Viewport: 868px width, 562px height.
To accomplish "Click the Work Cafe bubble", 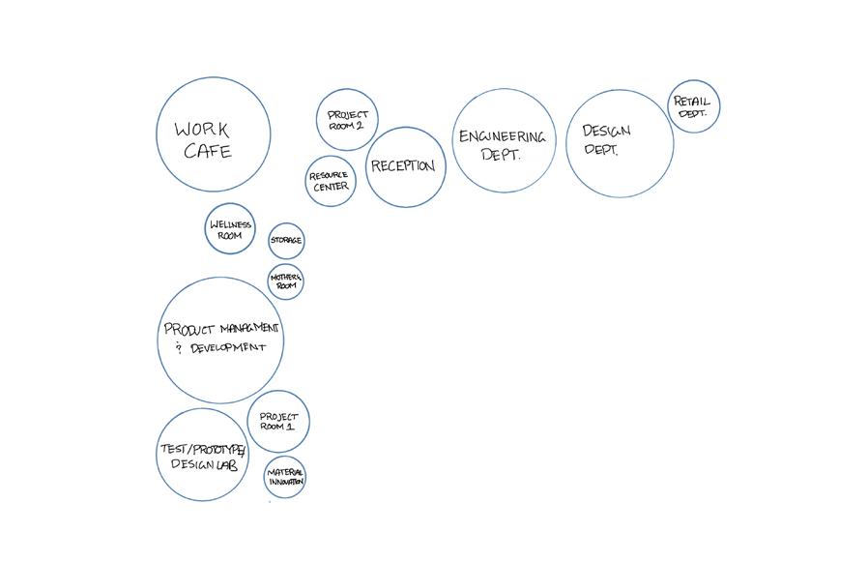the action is [x=214, y=135].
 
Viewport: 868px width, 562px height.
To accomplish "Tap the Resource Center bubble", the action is [x=331, y=181].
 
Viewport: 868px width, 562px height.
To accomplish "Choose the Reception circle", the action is [x=404, y=167].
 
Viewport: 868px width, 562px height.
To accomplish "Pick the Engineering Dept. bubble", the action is [x=504, y=140].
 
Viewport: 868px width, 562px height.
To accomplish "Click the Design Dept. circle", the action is [x=620, y=143].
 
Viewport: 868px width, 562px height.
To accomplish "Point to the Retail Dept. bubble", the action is [x=693, y=106].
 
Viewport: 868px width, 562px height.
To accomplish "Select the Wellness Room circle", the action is [x=230, y=229].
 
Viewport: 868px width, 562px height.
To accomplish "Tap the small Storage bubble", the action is [x=286, y=240].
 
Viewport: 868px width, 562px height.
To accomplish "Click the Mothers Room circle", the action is [x=286, y=281].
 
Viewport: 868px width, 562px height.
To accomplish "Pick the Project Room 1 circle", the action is [x=278, y=422].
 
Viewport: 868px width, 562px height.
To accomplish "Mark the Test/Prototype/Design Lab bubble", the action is [x=202, y=456].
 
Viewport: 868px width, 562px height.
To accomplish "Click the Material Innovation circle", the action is [x=285, y=477].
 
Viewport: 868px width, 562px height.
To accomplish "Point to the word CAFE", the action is [x=208, y=152].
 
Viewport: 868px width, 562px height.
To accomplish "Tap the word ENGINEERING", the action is [x=502, y=137].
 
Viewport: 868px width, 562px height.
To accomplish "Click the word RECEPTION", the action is [x=403, y=166].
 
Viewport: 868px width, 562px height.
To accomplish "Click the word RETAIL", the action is [x=692, y=101].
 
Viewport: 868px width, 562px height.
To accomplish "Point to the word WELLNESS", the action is [x=230, y=224].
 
